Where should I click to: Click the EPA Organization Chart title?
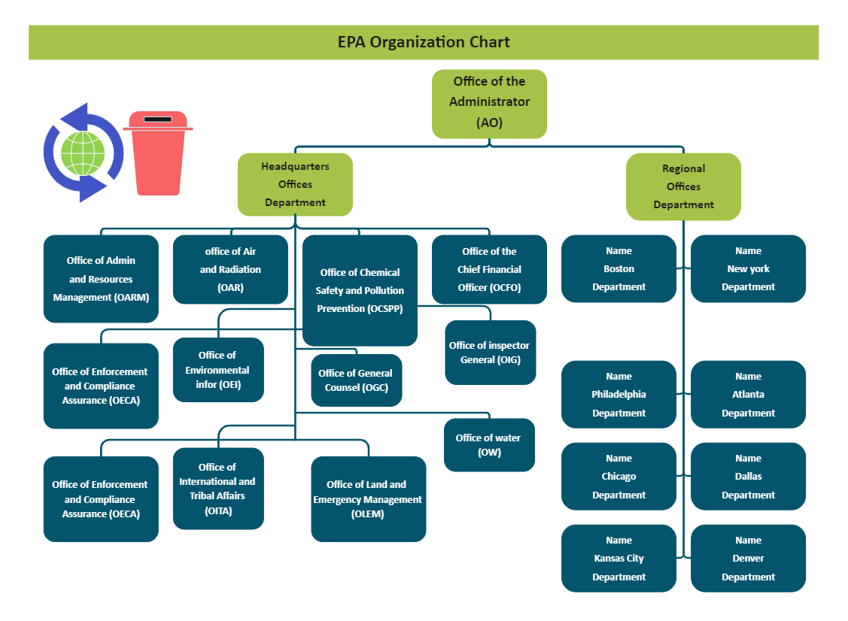[x=424, y=42]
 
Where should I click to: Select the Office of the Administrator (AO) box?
[x=489, y=103]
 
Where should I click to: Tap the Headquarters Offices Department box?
[x=295, y=184]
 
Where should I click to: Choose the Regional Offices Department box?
[x=683, y=186]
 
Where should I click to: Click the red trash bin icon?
[x=158, y=153]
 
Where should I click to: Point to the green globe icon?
[x=83, y=153]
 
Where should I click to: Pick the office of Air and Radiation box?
[x=230, y=269]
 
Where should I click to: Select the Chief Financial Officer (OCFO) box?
[x=489, y=269]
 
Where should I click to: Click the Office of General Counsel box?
[x=356, y=380]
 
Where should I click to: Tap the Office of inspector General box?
[x=490, y=353]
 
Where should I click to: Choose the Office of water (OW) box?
[x=489, y=445]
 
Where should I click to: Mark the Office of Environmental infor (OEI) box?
[x=218, y=370]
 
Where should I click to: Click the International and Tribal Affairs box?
[x=218, y=489]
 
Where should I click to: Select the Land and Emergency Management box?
[x=368, y=499]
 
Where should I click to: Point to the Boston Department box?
[x=619, y=269]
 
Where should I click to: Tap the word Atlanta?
[x=748, y=395]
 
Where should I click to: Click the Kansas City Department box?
[x=619, y=559]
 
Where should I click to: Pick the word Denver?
[x=748, y=559]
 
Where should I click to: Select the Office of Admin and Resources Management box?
[x=101, y=279]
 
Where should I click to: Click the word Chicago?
[x=619, y=477]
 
